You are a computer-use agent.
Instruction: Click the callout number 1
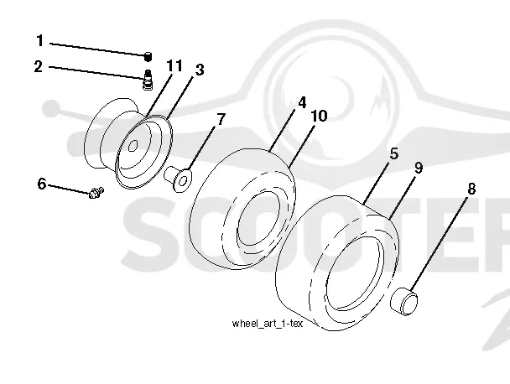coord(40,41)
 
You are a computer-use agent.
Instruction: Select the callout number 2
coord(39,66)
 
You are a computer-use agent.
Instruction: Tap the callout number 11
coord(174,65)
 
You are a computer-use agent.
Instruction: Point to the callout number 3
coord(200,70)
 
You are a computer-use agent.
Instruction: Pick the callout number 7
coord(221,119)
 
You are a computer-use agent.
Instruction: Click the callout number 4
coord(302,102)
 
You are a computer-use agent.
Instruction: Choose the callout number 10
coord(320,116)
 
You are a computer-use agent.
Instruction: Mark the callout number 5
coord(394,153)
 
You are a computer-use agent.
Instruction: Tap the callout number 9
coord(419,168)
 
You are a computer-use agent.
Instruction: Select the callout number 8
coord(471,189)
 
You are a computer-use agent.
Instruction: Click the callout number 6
coord(42,184)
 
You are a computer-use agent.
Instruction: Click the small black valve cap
coord(148,56)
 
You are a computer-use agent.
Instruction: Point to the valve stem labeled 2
coord(148,80)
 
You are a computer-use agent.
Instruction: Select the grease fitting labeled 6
coord(96,193)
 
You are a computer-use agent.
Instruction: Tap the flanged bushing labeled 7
coord(178,179)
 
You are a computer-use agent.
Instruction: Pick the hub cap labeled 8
coord(404,301)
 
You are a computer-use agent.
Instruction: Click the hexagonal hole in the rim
coord(133,146)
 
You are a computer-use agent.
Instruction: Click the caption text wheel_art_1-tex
coord(268,324)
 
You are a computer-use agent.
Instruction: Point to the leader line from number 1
coord(97,49)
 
